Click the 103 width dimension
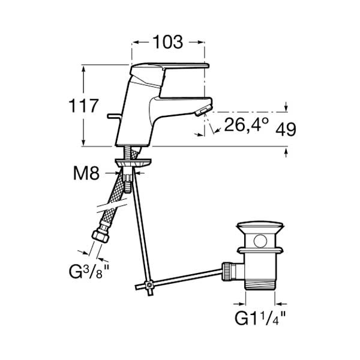[x=168, y=42]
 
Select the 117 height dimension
[x=84, y=106]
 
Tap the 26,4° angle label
[x=246, y=124]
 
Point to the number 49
[x=286, y=130]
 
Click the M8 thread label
[x=86, y=173]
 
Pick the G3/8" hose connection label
[x=89, y=271]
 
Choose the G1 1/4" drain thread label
[x=260, y=318]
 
